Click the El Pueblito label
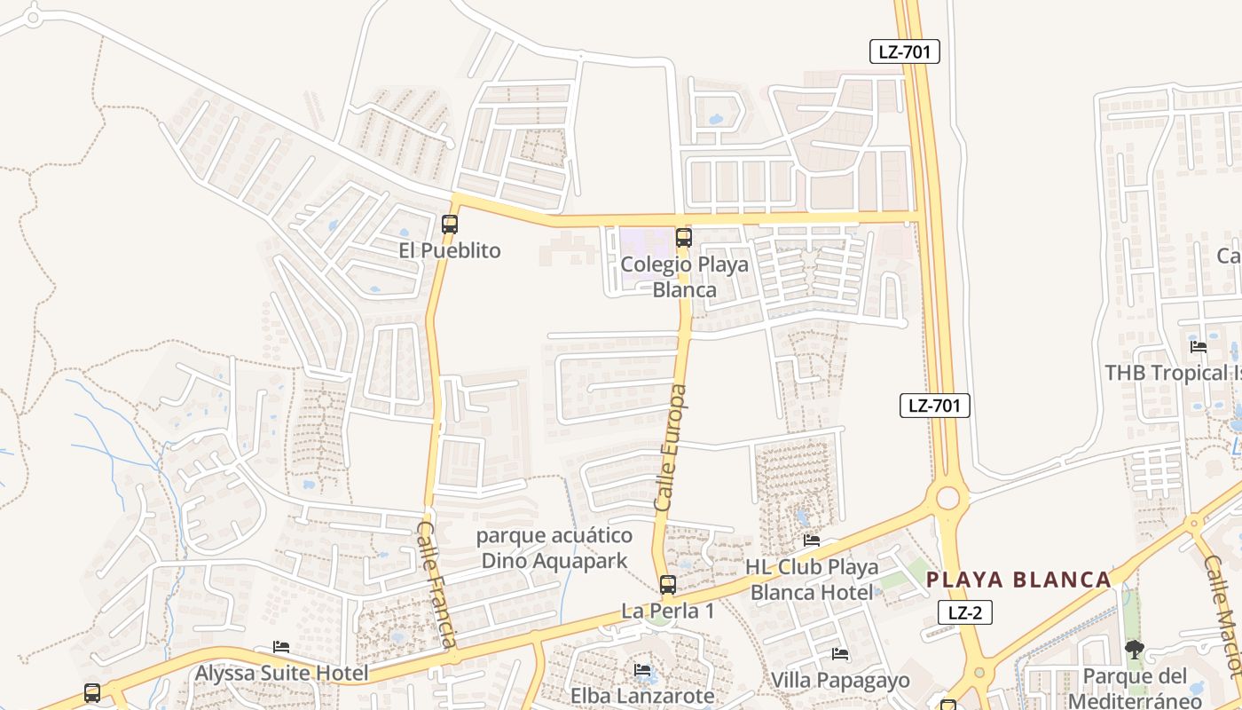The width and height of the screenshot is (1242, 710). [x=449, y=250]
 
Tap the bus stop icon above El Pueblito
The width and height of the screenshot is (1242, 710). [x=450, y=225]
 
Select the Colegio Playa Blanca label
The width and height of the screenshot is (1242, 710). [x=684, y=277]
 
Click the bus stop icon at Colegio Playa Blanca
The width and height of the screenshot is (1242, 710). [x=683, y=237]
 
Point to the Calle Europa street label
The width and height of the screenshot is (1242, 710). [x=670, y=447]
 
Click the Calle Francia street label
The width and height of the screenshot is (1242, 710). [x=437, y=585]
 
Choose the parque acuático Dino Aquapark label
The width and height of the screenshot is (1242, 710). [x=554, y=548]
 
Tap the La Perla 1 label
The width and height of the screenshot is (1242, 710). [x=667, y=611]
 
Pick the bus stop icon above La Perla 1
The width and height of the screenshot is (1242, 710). [x=667, y=585]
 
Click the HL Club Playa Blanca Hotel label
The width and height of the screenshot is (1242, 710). [x=812, y=579]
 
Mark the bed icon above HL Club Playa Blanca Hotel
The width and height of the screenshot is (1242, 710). [x=811, y=540]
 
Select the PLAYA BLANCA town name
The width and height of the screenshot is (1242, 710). [x=1018, y=580]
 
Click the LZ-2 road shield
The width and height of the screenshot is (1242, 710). [x=965, y=611]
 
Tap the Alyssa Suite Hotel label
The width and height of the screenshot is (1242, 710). [x=281, y=673]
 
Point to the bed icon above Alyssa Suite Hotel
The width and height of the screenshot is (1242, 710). [x=281, y=647]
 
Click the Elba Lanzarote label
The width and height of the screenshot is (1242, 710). [x=642, y=695]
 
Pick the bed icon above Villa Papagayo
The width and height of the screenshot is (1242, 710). [x=839, y=654]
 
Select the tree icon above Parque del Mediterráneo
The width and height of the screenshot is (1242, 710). [x=1134, y=650]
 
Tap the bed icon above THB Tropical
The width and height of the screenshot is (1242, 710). [x=1198, y=346]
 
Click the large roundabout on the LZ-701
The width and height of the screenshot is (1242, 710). [x=947, y=497]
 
